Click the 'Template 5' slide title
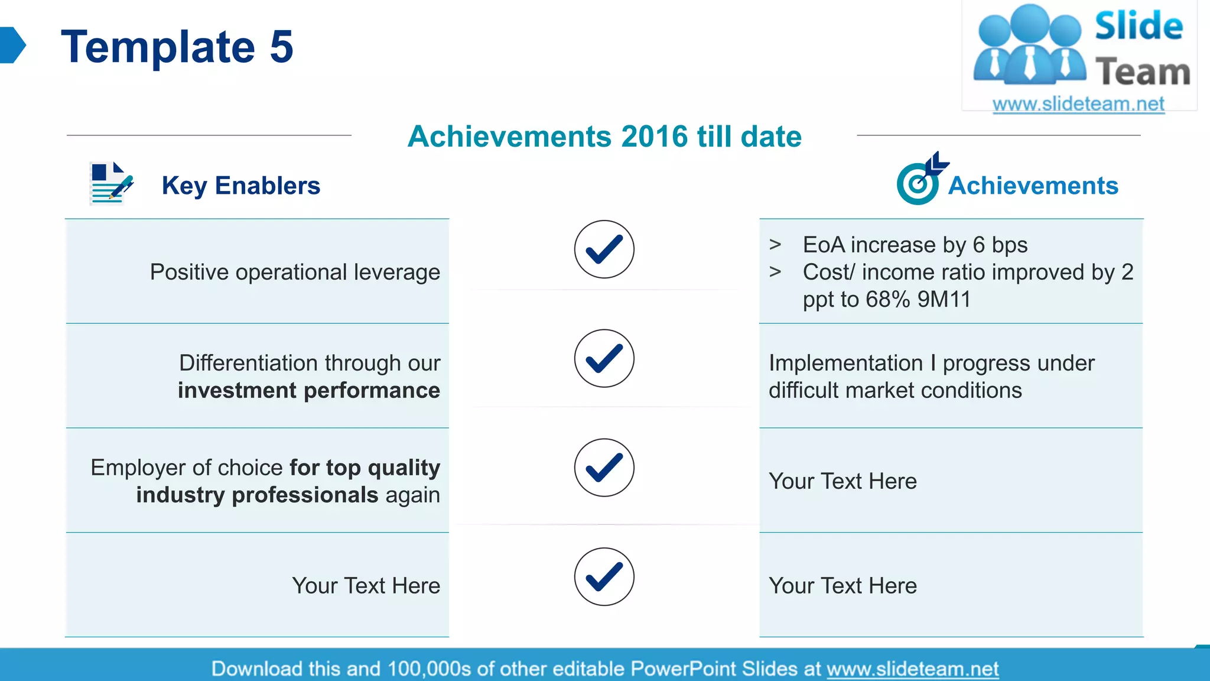point(177,47)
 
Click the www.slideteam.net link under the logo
point(1078,104)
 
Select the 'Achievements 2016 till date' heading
point(604,137)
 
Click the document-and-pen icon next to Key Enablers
point(110,183)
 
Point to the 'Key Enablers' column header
point(240,186)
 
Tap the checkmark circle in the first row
point(604,249)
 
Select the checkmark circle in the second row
point(604,358)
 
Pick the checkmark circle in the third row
point(604,468)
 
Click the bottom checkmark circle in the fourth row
point(604,576)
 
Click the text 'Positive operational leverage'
point(295,272)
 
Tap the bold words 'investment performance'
point(309,390)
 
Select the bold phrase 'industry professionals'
point(257,495)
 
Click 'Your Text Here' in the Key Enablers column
point(366,585)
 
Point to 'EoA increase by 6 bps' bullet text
point(915,245)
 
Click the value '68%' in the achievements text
point(888,299)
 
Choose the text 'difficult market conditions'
point(895,390)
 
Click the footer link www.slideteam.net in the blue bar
point(912,669)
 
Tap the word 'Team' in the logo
point(1143,72)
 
